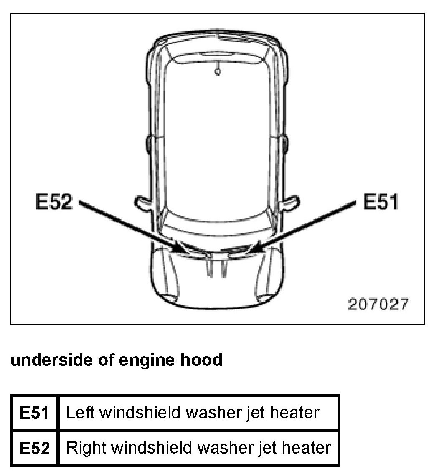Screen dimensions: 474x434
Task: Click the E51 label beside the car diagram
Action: coord(380,203)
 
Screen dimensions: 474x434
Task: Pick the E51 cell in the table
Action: coord(35,413)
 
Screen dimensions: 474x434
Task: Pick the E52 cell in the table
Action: coord(35,448)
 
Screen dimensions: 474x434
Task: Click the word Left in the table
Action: coord(80,413)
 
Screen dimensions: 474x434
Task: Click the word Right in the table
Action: coord(84,448)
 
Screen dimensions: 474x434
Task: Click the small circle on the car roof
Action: coord(217,72)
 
